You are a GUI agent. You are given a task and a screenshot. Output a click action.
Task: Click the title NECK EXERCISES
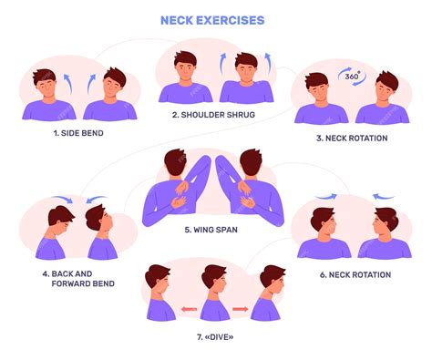[x=212, y=19]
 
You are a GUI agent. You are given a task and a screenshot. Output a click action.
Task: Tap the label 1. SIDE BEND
[x=77, y=133]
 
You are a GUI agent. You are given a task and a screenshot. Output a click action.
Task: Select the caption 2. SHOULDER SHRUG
[x=213, y=115]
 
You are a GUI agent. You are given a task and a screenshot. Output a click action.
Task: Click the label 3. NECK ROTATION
[x=352, y=138]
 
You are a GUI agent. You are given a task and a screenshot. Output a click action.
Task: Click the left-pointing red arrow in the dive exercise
[x=189, y=310]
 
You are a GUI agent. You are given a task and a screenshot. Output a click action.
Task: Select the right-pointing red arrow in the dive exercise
[x=241, y=310]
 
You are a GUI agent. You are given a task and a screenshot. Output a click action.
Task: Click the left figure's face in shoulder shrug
[x=185, y=67]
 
